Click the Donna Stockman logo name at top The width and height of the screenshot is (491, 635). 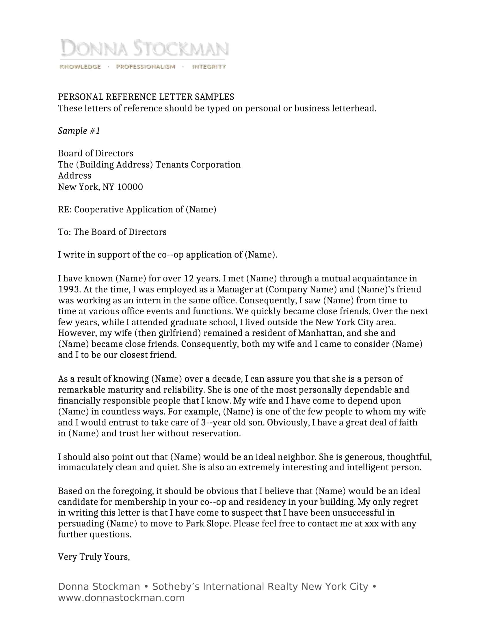pos(144,48)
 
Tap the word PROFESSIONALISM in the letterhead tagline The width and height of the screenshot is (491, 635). pos(146,67)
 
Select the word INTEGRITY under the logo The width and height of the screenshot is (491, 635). pos(209,67)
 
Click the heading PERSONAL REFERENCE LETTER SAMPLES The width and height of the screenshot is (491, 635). pos(146,97)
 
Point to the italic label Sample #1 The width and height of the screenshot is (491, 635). pos(79,131)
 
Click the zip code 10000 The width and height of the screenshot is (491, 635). pos(130,187)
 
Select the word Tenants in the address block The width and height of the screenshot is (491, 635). pos(172,165)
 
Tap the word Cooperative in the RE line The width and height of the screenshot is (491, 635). pos(98,210)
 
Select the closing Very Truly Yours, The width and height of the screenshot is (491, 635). pos(94,557)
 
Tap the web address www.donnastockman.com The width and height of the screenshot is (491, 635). pos(121,598)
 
